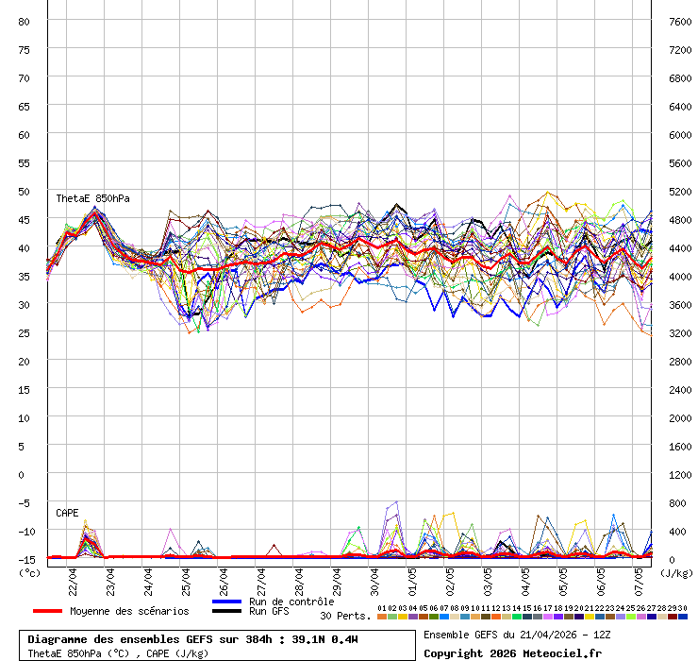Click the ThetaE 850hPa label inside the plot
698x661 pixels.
(92, 199)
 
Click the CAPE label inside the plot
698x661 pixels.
(67, 513)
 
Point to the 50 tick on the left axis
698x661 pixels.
(25, 191)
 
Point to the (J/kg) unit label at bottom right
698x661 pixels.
(675, 572)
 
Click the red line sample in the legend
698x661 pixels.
(47, 611)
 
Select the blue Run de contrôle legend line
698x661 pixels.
(226, 602)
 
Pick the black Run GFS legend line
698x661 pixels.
(226, 612)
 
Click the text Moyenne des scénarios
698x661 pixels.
(129, 611)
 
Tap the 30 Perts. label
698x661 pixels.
(345, 616)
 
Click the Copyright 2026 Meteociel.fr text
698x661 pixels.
(512, 653)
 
